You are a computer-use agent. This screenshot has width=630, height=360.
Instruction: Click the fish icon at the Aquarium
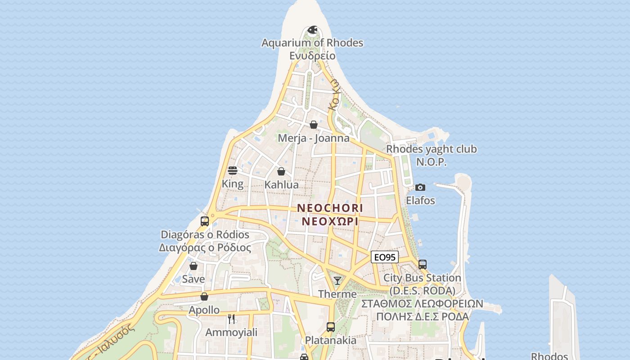(x=312, y=30)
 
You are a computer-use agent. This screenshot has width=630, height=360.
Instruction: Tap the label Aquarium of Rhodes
(x=312, y=43)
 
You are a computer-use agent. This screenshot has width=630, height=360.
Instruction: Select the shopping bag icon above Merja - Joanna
(x=314, y=125)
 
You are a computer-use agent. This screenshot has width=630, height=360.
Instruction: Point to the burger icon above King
(x=233, y=171)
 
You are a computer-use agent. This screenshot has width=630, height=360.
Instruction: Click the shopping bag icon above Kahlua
(x=281, y=171)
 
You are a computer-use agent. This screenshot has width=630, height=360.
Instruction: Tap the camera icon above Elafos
(x=420, y=187)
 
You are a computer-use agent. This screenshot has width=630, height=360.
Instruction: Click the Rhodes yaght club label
(x=431, y=149)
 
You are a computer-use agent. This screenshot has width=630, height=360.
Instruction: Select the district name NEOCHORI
(x=330, y=208)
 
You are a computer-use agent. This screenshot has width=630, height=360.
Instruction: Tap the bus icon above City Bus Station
(x=422, y=265)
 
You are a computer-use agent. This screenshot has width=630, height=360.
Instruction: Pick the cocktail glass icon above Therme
(x=337, y=281)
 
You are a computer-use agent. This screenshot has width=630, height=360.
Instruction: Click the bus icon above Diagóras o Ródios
(x=205, y=221)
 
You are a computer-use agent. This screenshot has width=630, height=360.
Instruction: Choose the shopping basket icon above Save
(x=193, y=266)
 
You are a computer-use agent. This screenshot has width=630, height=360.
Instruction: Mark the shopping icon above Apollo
(x=204, y=297)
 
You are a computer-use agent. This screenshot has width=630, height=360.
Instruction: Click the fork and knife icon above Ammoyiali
(x=231, y=319)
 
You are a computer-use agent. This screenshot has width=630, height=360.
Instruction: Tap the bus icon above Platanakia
(x=331, y=327)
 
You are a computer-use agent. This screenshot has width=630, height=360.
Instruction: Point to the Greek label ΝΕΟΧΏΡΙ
(x=330, y=222)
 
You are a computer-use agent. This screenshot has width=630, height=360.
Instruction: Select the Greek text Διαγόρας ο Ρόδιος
(x=205, y=248)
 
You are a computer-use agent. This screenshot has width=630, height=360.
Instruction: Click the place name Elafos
(x=420, y=200)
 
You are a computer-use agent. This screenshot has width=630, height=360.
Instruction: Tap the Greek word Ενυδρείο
(x=312, y=56)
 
